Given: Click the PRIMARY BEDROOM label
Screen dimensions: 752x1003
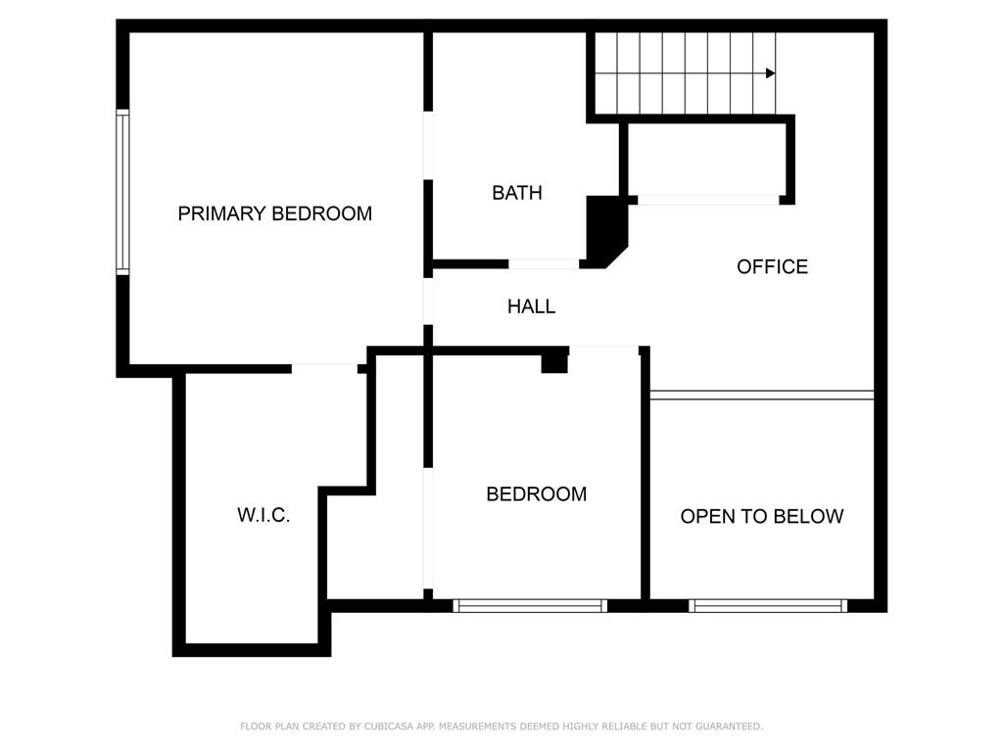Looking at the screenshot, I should pos(274,213).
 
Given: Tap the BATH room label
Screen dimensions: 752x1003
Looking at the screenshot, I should pos(516,193).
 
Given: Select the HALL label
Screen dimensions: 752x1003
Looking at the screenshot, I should pos(531,306).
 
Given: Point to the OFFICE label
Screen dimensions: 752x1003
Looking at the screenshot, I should pos(772,266).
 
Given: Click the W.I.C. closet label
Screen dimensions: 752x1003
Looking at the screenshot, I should pos(263,515).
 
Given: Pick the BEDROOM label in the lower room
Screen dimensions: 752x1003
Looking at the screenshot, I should pos(536,494).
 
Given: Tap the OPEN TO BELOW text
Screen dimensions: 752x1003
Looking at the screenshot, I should pos(761,516).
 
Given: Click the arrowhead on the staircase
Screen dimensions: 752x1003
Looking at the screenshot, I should pos(771,73).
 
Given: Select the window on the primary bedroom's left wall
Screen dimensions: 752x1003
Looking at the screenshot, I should pos(122,192).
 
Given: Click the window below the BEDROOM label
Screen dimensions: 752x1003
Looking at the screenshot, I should pos(530,606).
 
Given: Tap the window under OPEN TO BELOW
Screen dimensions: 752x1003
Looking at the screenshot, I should pos(768,606).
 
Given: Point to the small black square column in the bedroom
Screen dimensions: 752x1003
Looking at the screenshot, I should pos(554,360).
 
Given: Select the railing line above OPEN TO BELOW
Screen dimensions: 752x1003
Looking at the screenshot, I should pos(761,395).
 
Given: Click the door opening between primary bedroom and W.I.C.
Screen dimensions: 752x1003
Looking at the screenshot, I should pos(324,368).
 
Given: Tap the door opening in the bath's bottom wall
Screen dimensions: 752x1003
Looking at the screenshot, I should pos(544,263).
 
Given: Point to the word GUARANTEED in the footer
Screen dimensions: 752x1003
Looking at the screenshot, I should pos(727,727).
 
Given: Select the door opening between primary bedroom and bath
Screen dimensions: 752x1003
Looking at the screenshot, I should pos(428,145).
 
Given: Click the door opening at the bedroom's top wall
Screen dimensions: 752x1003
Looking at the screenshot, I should pos(603,349).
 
